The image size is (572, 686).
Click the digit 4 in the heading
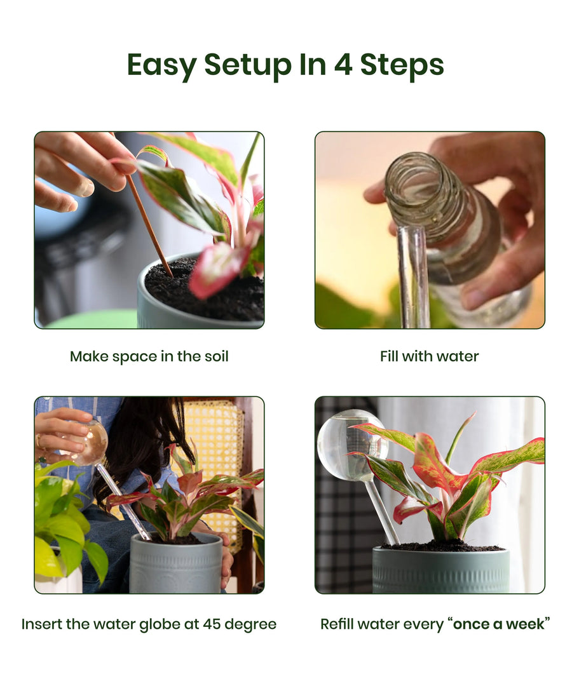pos(343,64)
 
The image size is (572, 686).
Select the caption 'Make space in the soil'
pos(149,356)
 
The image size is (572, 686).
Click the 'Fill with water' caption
pos(430,356)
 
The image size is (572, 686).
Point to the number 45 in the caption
pos(212,624)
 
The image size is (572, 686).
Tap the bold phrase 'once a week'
pos(498,624)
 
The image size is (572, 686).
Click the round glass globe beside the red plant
pos(352,443)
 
